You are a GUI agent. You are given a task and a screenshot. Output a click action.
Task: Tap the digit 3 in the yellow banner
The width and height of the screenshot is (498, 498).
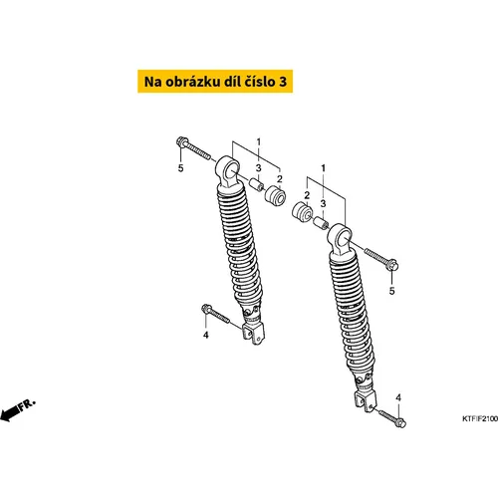[283, 82]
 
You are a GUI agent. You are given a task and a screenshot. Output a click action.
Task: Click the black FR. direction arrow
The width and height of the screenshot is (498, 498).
[17, 410]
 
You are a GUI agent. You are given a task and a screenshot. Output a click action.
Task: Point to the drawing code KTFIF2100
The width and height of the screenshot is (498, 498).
[480, 418]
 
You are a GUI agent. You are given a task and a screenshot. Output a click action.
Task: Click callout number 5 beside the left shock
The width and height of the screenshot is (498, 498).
[180, 168]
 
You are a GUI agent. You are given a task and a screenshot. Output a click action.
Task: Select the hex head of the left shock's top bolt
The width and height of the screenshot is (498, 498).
[182, 142]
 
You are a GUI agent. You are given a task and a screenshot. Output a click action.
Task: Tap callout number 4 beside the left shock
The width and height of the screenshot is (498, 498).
[206, 335]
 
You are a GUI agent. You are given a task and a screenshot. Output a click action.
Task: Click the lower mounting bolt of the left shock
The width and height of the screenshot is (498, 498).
[215, 314]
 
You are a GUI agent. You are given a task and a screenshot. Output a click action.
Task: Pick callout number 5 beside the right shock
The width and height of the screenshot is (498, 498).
[392, 291]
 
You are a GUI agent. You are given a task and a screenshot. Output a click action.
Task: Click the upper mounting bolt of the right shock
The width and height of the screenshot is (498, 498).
[381, 259]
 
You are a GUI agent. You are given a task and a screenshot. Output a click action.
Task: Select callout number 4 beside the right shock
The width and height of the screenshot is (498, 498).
[398, 397]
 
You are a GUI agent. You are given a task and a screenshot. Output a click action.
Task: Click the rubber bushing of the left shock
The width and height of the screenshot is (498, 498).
[275, 195]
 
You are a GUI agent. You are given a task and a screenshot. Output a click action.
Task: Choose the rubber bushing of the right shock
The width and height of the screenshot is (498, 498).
[302, 211]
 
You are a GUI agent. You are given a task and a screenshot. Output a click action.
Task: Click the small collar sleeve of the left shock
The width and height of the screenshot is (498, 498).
[256, 184]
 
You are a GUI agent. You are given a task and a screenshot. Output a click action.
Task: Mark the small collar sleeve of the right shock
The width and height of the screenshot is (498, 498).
[321, 222]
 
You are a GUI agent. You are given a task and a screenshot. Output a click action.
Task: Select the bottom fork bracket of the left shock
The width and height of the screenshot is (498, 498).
[253, 333]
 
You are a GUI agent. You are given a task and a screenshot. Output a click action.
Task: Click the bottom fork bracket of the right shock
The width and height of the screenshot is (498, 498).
[365, 400]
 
